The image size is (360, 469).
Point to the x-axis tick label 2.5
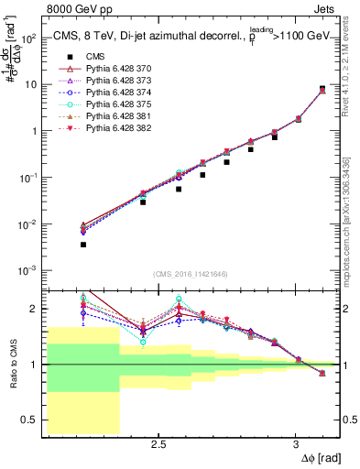point(158,445)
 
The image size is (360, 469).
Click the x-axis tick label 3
point(295,445)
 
